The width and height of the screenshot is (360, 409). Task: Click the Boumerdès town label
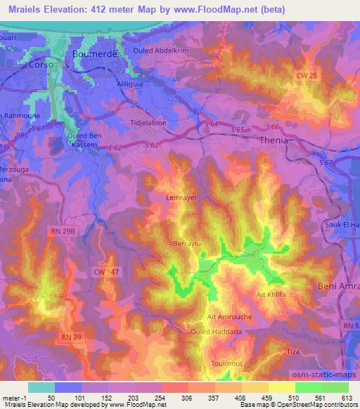point(98,54)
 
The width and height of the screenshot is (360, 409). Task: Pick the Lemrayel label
point(180,199)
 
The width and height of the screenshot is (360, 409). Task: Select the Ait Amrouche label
point(226,316)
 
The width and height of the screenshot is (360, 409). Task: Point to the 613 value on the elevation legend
point(347,397)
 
